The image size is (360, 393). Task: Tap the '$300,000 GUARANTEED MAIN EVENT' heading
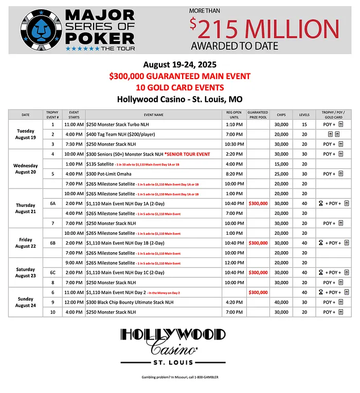pos(179,76)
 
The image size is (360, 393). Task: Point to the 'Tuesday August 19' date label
pos(25,134)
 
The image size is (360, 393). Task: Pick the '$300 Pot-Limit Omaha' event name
pos(109,174)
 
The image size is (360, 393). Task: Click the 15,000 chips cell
pos(281,164)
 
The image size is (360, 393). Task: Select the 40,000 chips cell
pos(281,302)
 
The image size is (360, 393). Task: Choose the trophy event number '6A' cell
pos(52,203)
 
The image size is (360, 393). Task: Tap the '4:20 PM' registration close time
pos(234,302)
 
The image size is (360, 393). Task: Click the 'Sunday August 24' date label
pos(25,302)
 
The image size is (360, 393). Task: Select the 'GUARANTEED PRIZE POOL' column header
pos(258,115)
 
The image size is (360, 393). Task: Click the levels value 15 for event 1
pos(304,124)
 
